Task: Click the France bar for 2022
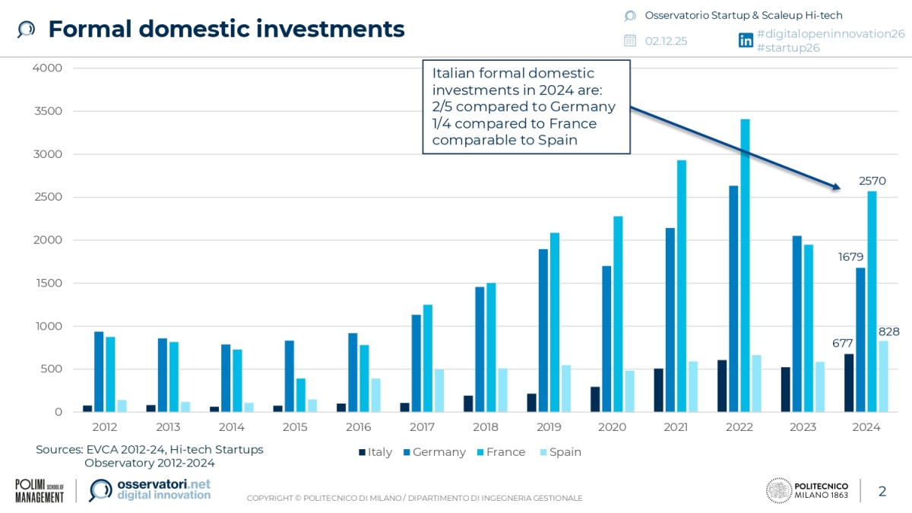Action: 745,266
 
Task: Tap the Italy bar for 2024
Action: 848,383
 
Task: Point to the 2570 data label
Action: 872,181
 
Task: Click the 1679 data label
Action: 850,257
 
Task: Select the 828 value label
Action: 888,331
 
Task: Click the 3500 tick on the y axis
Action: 47,111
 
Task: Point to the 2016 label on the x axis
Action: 358,427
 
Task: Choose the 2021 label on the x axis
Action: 675,427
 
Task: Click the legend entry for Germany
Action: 434,452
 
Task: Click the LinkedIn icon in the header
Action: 746,41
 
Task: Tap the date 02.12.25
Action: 666,41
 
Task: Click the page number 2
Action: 882,491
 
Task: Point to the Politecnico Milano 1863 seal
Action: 778,491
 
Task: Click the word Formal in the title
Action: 95,29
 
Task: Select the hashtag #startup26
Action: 788,48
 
